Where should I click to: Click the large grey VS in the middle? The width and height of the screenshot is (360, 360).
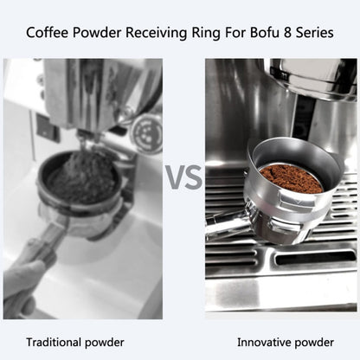[183, 178]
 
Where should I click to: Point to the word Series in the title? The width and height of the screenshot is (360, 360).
[312, 35]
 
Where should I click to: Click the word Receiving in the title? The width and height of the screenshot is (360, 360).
[151, 35]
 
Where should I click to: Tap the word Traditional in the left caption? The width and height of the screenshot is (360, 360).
[57, 342]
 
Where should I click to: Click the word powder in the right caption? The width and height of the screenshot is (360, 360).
[310, 342]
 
